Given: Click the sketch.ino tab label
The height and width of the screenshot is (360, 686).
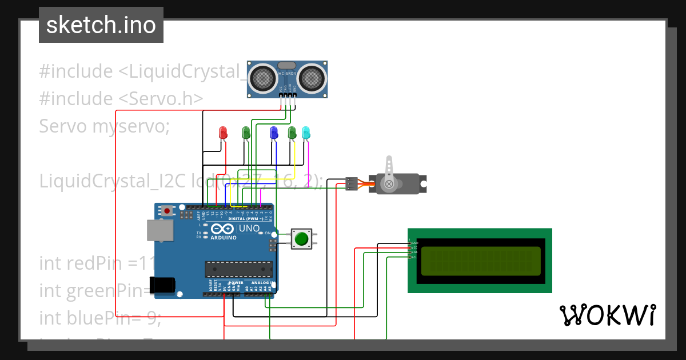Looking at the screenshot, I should [x=101, y=25].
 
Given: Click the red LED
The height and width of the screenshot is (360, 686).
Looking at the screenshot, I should [x=224, y=133].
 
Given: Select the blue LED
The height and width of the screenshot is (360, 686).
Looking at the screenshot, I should [x=274, y=133].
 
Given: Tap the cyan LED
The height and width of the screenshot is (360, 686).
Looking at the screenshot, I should [x=306, y=133].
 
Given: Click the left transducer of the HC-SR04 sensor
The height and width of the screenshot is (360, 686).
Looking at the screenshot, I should [x=262, y=77].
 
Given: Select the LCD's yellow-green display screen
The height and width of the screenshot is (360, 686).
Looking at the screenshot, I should [x=478, y=261].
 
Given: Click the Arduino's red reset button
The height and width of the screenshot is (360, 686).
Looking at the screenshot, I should [x=167, y=211].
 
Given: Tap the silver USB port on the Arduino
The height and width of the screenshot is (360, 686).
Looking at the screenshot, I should [x=159, y=230].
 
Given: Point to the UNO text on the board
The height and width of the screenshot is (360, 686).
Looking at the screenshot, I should [x=249, y=229].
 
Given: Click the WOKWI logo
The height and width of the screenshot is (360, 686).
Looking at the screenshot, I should [x=607, y=315].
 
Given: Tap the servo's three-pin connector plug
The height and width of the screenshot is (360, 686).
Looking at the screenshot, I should [x=352, y=184].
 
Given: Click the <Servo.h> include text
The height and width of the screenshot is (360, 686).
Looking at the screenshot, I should [x=161, y=98].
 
